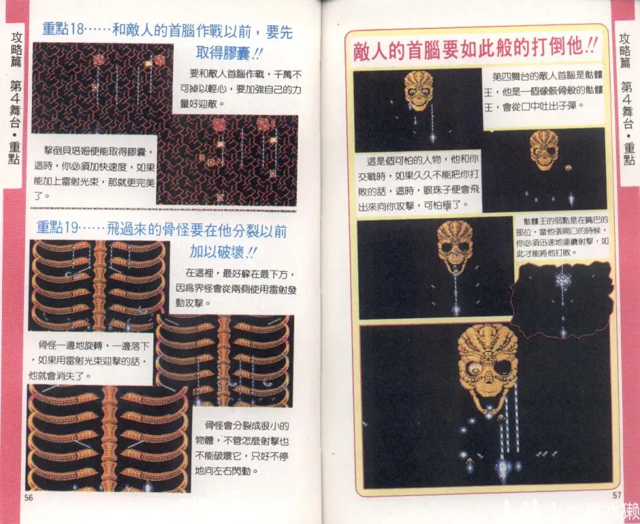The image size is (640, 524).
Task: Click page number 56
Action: pos(29,497)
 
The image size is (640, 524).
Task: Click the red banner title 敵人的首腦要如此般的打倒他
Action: pos(476,50)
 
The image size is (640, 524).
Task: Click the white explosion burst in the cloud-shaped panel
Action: pos(562,279)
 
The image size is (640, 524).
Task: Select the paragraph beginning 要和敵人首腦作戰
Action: pos(241,88)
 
